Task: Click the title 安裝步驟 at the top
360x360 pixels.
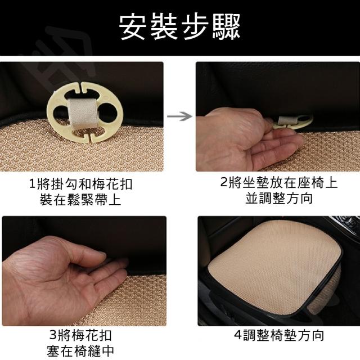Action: point(179,26)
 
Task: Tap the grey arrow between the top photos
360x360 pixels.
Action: point(179,116)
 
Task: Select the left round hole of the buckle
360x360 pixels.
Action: point(60,113)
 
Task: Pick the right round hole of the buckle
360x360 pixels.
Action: point(107,112)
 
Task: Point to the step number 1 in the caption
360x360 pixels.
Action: point(32,184)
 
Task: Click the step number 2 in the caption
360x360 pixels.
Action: point(223,182)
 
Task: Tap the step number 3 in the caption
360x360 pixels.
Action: point(53,335)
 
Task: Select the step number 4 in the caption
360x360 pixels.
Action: point(237,335)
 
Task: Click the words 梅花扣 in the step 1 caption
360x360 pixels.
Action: point(112,184)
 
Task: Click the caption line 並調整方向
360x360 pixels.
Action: point(279,198)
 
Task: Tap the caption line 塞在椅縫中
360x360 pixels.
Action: point(80,350)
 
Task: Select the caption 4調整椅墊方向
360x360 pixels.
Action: point(279,335)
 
